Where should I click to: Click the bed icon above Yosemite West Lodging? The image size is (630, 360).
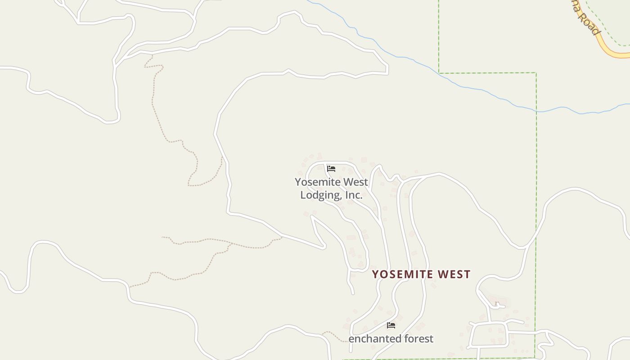pos(331,169)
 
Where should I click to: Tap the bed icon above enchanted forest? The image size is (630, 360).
pos(391,325)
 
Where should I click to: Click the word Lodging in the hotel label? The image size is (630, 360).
pos(320,195)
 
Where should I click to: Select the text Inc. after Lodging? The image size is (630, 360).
pos(354,195)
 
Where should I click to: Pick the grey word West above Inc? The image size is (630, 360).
pos(356,182)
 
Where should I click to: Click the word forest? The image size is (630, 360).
pos(419,339)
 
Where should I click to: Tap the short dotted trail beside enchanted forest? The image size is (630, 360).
pos(333,335)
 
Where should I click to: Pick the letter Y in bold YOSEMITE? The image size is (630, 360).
pos(375,274)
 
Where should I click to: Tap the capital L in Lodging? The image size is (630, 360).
pos(303,195)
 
